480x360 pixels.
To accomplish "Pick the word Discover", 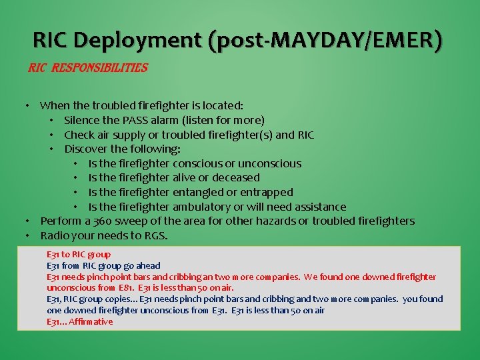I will click(87, 149).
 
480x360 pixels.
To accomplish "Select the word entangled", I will click(201, 192).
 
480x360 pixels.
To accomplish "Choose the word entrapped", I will click(267, 192).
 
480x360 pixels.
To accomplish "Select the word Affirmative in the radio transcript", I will click(89, 322).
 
